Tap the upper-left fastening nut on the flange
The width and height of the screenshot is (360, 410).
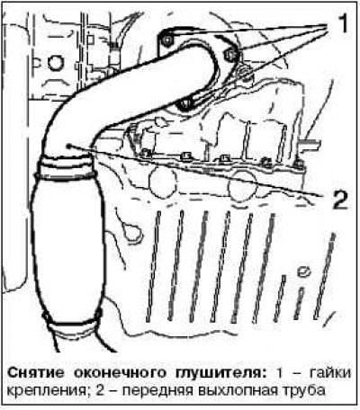point(166,40)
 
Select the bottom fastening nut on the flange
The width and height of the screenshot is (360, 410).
point(184,104)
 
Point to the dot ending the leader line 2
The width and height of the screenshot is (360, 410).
point(69,146)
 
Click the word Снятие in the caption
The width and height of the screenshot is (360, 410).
point(36,373)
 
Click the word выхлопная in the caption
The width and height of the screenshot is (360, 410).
point(237,391)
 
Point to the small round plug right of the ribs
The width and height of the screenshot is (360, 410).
point(303,272)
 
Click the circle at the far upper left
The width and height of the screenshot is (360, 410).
point(56,64)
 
